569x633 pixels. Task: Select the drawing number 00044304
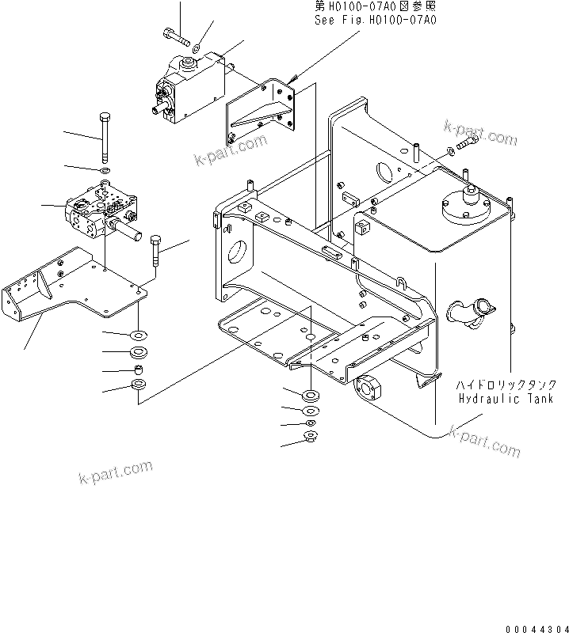(533, 624)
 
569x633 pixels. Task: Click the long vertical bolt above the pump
(105, 136)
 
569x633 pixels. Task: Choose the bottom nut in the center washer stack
(311, 436)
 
